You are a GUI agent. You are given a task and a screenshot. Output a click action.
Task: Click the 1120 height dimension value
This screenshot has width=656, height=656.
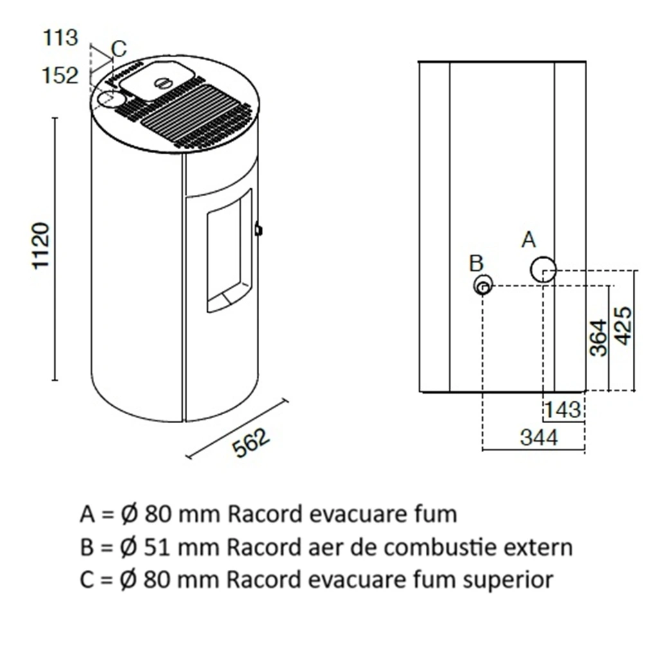[41, 246]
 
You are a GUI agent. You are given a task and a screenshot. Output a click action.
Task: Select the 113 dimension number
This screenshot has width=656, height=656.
[60, 38]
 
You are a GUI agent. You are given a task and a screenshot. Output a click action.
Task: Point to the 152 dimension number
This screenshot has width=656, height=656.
[60, 75]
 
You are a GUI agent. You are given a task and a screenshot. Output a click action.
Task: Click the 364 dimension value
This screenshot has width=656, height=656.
[599, 338]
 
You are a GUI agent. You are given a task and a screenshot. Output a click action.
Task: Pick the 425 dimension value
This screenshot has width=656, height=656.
[623, 325]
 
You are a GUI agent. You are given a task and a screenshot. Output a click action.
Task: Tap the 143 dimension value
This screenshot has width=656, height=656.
[562, 410]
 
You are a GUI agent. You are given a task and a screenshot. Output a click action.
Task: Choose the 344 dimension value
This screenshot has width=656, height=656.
[539, 438]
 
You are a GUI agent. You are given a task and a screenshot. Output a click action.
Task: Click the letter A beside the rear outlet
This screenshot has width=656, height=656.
[528, 240]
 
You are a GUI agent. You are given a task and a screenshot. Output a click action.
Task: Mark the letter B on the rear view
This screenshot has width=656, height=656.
[476, 263]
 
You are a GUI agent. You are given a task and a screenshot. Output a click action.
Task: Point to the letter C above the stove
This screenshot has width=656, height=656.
[119, 48]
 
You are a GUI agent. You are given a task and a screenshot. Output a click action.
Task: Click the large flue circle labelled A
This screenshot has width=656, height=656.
[543, 269]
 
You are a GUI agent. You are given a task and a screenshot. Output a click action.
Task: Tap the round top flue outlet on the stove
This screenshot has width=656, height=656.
[111, 100]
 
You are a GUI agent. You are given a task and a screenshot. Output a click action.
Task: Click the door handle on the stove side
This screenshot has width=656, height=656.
[258, 228]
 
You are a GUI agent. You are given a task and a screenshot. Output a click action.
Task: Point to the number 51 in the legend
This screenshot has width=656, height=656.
[158, 547]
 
